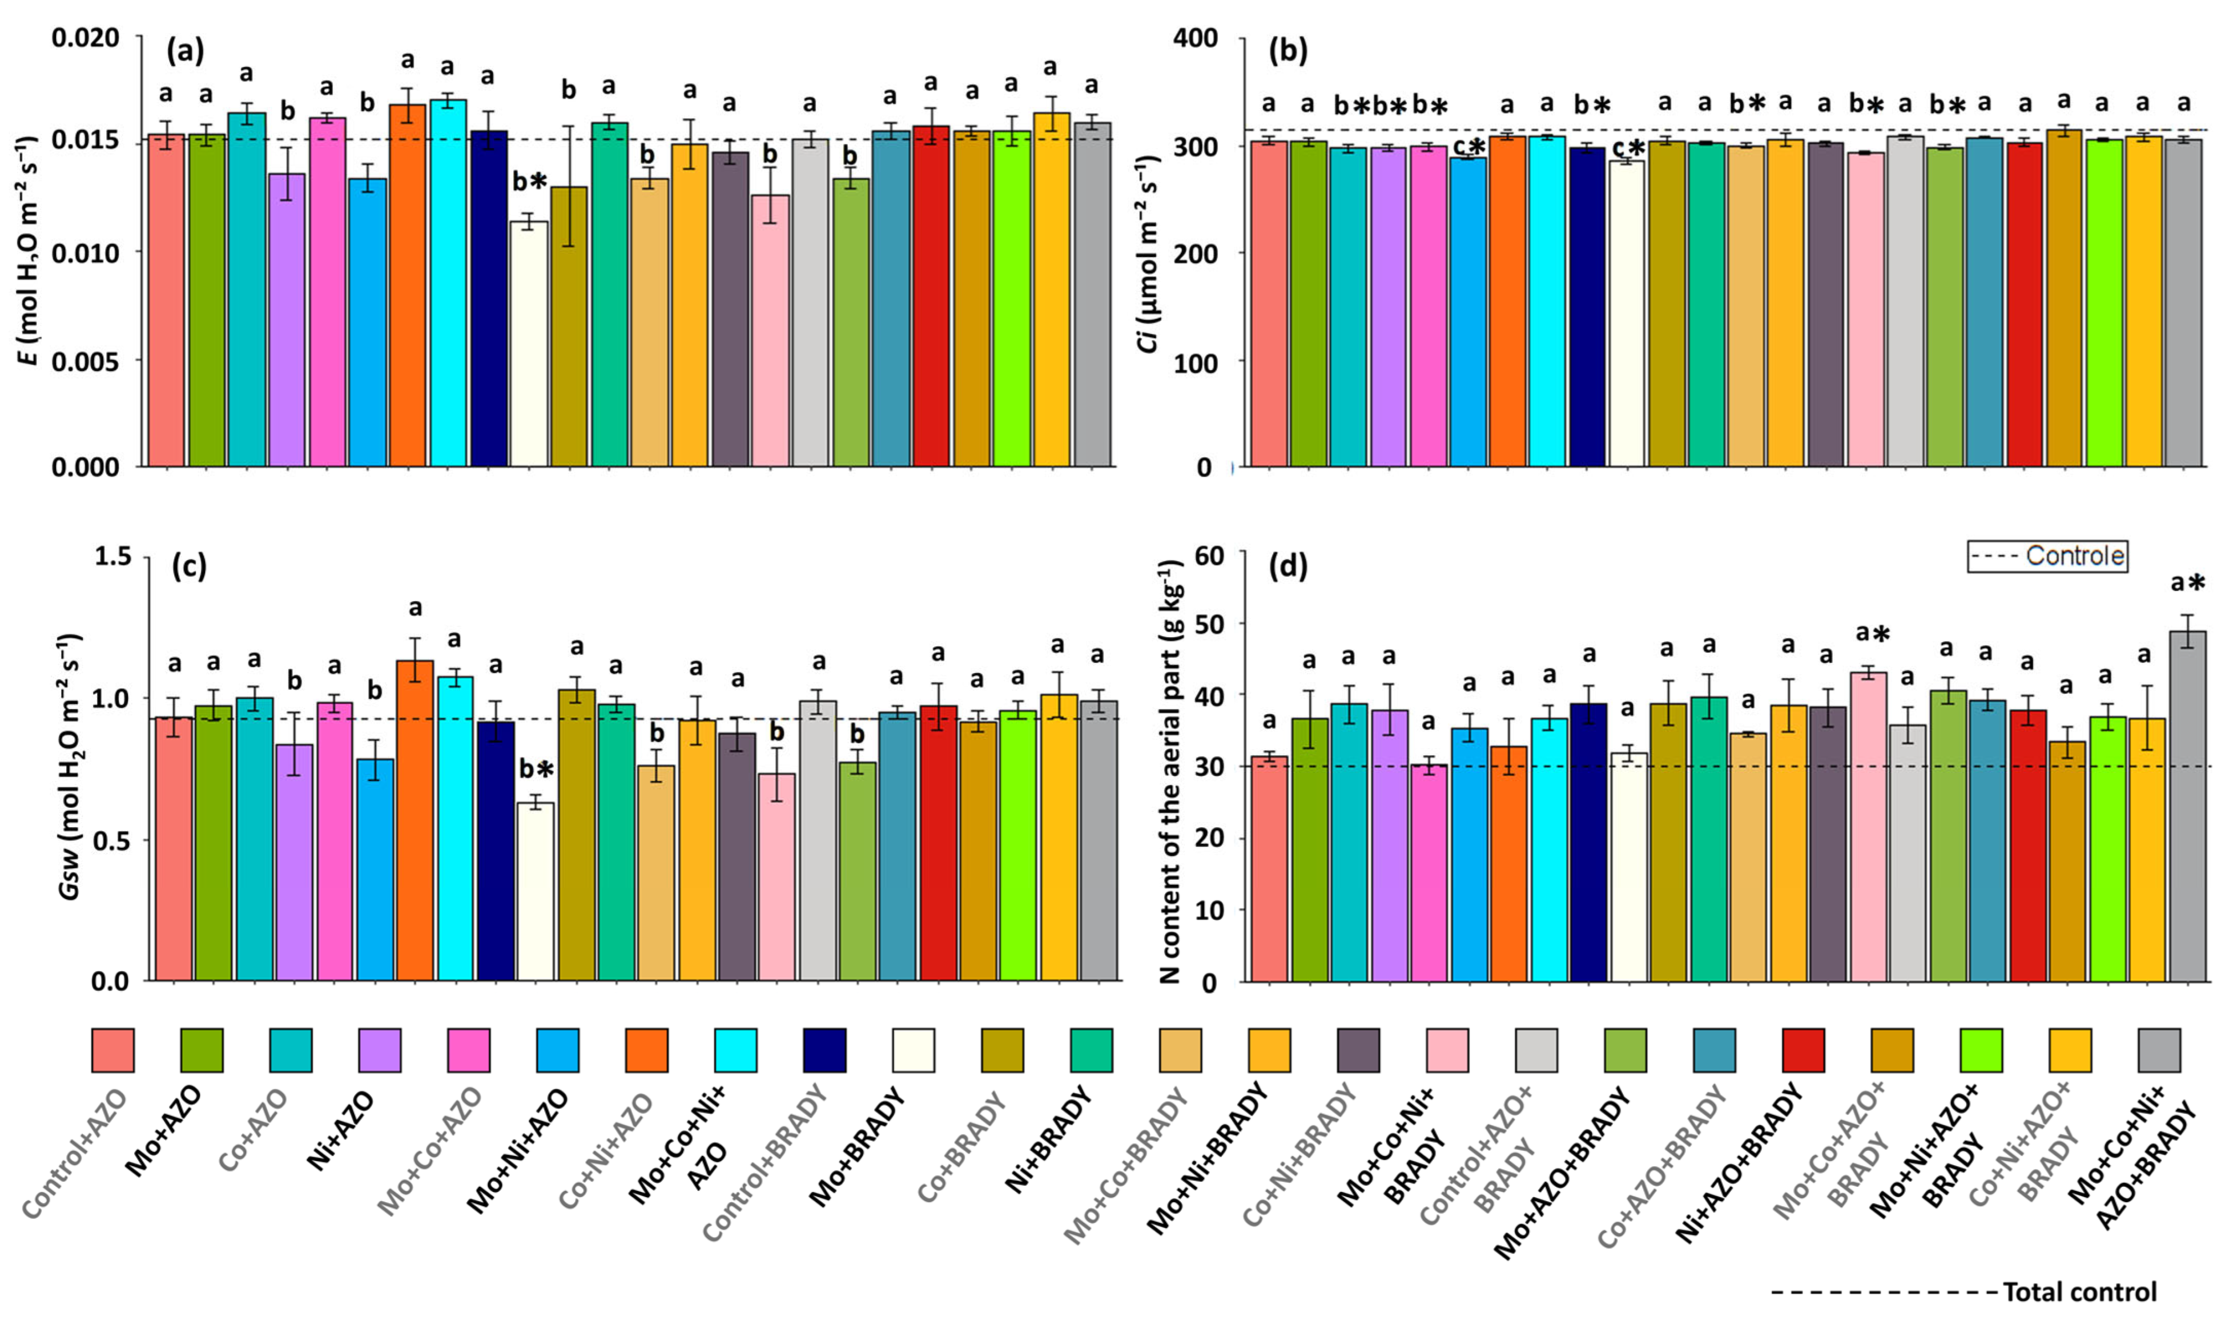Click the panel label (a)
[x=186, y=52]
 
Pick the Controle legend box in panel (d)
[x=2046, y=555]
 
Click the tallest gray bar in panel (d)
[x=2187, y=804]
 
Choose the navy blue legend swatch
[x=825, y=1050]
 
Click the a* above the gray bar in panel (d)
[x=2187, y=584]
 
